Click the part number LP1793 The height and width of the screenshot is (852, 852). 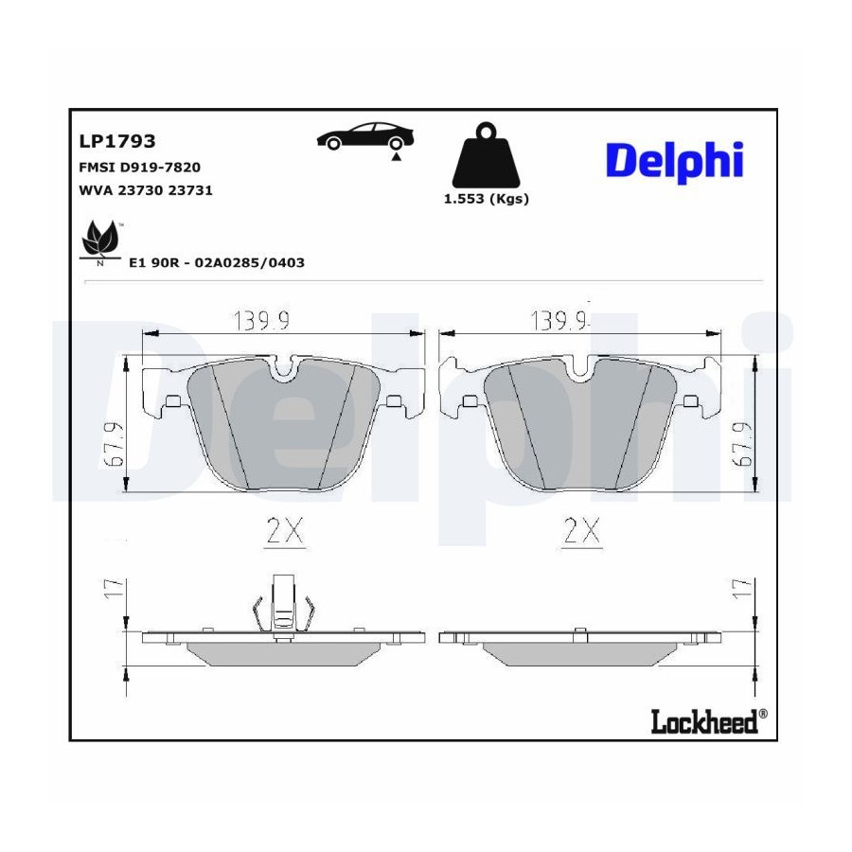(x=117, y=141)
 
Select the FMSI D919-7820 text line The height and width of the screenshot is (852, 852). (x=140, y=168)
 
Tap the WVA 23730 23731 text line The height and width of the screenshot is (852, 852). (x=146, y=190)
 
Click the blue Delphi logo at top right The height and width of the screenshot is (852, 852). (x=674, y=162)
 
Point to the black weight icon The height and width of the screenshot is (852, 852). (x=486, y=155)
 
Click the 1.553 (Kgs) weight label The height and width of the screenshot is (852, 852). (x=487, y=199)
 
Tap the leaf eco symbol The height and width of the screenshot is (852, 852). (x=100, y=241)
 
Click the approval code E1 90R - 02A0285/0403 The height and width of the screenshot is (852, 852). (x=216, y=263)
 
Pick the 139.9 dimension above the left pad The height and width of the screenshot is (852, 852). (x=261, y=321)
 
